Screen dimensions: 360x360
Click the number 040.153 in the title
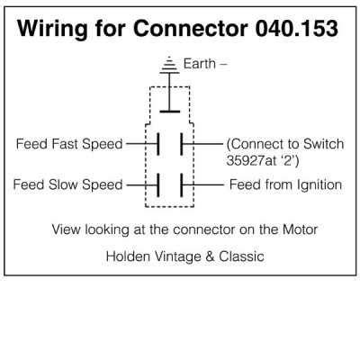(297, 29)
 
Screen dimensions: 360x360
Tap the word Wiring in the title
(52, 30)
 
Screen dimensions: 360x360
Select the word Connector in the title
(190, 29)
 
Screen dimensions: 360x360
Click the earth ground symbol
(169, 65)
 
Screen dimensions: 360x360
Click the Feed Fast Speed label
(69, 144)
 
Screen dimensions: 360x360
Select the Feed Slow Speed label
(67, 184)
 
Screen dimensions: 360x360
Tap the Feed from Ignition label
(285, 184)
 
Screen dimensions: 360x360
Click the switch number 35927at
(251, 161)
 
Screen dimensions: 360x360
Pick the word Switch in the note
(323, 144)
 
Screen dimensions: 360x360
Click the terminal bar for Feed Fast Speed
(158, 144)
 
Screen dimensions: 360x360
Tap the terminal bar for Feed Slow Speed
(158, 185)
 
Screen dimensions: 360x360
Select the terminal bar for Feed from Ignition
(182, 185)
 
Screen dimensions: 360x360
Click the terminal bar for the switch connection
(182, 144)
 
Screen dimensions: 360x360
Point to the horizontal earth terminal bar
(170, 112)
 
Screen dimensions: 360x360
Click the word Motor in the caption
(300, 229)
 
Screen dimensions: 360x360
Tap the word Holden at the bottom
(128, 256)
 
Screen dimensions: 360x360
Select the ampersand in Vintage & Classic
(210, 256)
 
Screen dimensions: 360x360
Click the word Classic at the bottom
(241, 256)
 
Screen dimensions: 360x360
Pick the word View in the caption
(67, 229)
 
